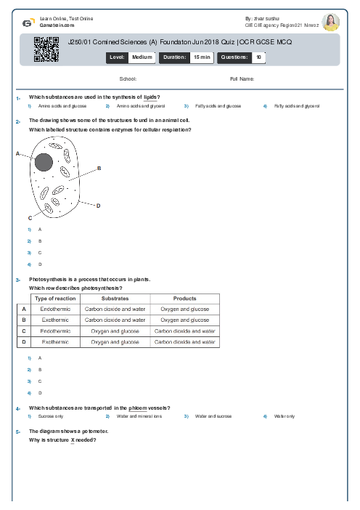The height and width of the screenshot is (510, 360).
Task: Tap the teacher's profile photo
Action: (330, 22)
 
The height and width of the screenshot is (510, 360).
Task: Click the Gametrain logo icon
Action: (28, 22)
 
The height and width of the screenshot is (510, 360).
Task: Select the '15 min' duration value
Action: (201, 57)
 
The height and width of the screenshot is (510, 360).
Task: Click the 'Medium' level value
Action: (142, 57)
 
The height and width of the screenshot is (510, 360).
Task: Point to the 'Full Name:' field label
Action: (242, 78)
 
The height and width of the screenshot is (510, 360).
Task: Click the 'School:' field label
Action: (128, 78)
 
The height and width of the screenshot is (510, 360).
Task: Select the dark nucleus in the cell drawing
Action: (44, 163)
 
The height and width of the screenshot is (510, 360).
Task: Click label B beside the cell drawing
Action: (99, 168)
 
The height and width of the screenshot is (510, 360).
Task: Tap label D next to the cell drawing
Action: (98, 206)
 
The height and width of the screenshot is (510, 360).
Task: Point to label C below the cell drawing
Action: (30, 217)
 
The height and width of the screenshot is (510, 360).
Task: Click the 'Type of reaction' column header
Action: (55, 299)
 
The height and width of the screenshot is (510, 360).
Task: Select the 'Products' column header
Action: (185, 299)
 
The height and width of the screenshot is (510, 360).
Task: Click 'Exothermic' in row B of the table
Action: (55, 319)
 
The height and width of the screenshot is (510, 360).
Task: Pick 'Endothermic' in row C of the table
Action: (55, 330)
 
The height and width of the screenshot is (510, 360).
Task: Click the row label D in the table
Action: (24, 341)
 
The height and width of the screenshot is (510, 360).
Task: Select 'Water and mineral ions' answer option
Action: (139, 416)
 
